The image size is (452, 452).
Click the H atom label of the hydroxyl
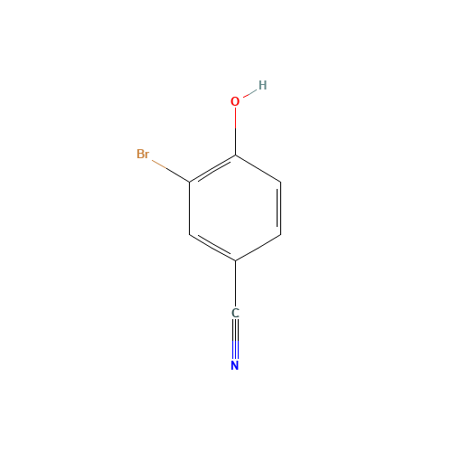click(x=262, y=85)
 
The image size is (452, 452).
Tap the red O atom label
click(x=235, y=101)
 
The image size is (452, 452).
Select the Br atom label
click(x=143, y=154)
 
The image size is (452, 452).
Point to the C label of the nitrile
click(x=235, y=313)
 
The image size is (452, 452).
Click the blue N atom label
click(x=235, y=365)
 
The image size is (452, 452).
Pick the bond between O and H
click(x=250, y=93)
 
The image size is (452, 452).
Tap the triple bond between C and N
click(x=235, y=339)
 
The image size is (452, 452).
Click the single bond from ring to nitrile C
click(x=235, y=284)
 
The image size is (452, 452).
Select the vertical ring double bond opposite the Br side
click(x=279, y=208)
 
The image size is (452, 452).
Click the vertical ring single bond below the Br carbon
click(x=190, y=208)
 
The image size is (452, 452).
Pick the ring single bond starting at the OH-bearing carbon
click(x=258, y=168)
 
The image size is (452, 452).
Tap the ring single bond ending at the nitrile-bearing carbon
click(x=258, y=248)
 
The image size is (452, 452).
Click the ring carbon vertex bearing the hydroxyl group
click(x=235, y=155)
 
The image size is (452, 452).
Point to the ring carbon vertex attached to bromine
click(x=190, y=182)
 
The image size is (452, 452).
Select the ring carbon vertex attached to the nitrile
click(x=235, y=260)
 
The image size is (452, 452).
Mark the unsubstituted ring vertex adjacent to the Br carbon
click(x=190, y=234)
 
